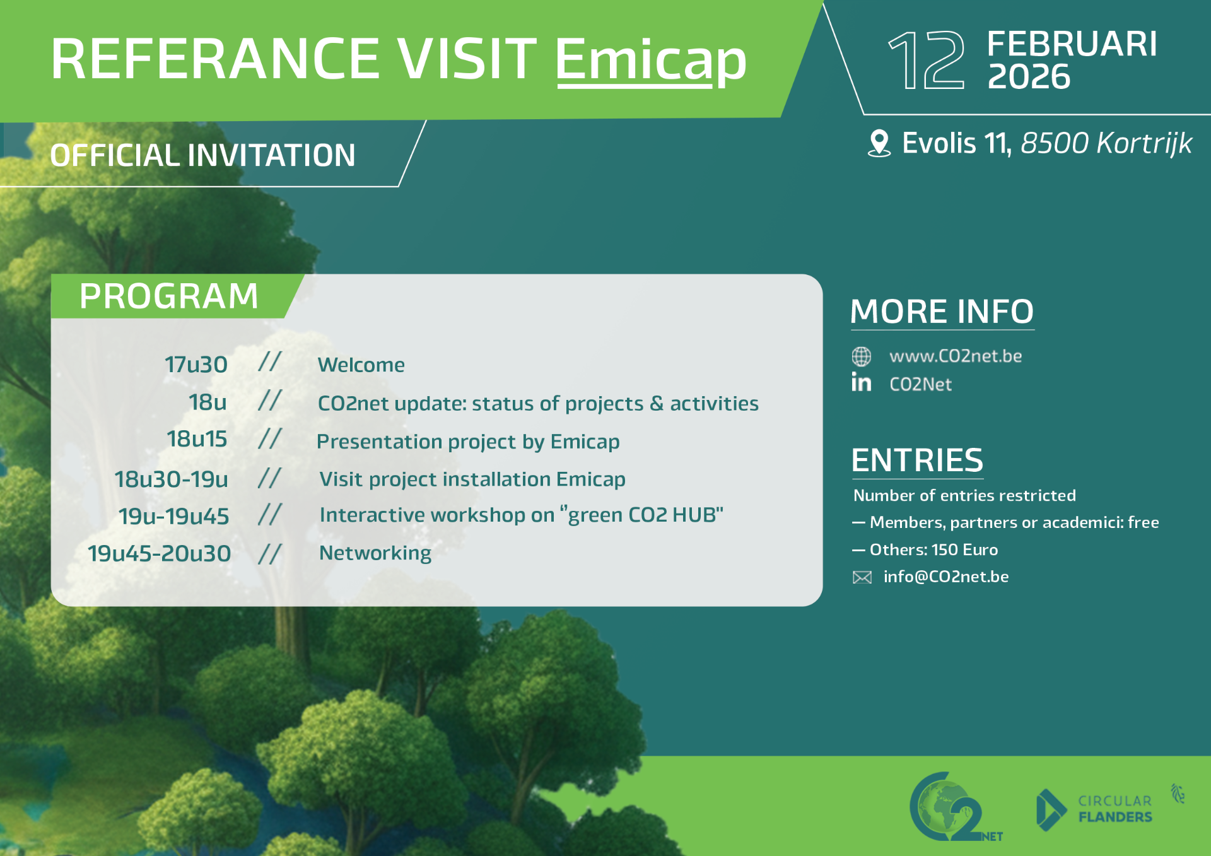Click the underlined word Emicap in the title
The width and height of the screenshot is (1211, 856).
coord(651,60)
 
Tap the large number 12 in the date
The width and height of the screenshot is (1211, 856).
coord(926,61)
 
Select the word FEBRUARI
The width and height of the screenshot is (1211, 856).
coord(1072,44)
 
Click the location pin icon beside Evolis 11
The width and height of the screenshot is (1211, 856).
coord(879,143)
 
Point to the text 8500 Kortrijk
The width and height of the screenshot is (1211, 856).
coord(1106,143)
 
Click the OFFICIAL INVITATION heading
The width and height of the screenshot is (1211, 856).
coord(203,155)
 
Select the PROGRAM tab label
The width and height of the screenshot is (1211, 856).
coord(169,296)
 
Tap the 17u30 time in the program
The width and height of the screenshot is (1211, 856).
coord(196,365)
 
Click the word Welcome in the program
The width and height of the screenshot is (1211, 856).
coord(361,365)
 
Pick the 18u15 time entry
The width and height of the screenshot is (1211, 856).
coord(197,439)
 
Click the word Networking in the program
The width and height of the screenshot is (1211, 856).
coord(375,553)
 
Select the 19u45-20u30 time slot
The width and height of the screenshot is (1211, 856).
coord(160,553)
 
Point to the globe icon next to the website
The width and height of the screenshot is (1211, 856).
coord(862,356)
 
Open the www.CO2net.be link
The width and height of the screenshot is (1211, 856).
coord(956,356)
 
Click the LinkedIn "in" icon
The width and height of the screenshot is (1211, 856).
coord(862,382)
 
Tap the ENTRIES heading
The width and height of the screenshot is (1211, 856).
coord(917,460)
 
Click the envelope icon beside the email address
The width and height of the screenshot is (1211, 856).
coord(862,577)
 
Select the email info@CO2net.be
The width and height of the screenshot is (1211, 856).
coord(946,577)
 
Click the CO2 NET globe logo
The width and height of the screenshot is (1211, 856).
coord(954,807)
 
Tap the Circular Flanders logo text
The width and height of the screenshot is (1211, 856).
coord(1115,809)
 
